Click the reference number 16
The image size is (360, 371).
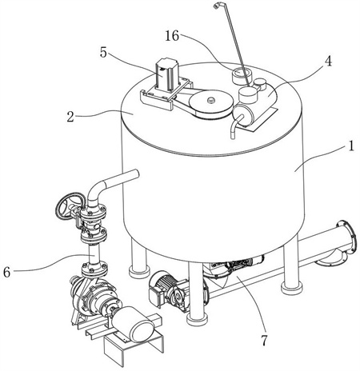pos(172,36)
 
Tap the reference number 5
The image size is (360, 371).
pos(103,53)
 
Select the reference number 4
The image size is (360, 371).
pos(328,61)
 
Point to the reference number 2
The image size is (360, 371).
pos(70,117)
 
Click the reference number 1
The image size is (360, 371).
pos(351,146)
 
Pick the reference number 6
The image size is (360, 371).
pos(7,273)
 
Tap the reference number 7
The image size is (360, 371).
pos(263,341)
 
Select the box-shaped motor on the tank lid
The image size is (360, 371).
pos(166,75)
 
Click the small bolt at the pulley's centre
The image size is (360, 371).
pos(210,100)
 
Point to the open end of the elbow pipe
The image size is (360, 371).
pos(136,174)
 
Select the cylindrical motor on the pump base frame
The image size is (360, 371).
pos(133,324)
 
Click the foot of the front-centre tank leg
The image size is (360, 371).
pos(197,319)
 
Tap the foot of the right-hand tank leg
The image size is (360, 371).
pos(292,289)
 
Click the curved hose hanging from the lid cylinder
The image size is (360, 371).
pos(235,126)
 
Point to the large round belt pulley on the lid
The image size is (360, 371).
pos(211,103)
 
